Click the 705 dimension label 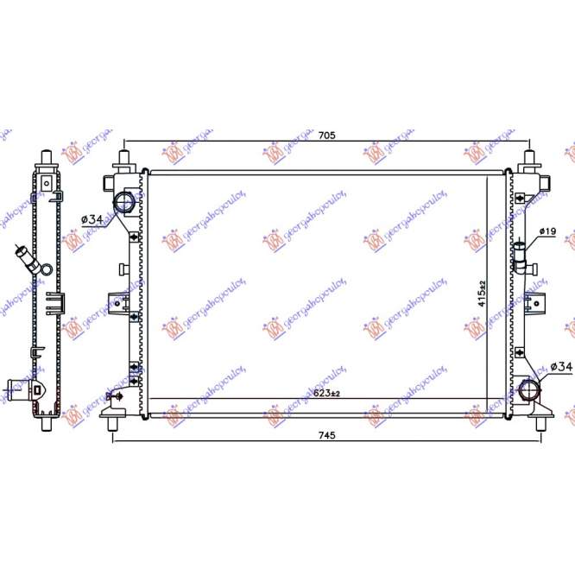click(325, 136)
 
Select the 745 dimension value click(325, 435)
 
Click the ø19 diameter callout click(547, 231)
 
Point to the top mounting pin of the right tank click(529, 160)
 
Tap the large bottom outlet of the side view click(19, 390)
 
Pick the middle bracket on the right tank click(539, 300)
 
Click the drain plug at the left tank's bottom click(111, 396)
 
